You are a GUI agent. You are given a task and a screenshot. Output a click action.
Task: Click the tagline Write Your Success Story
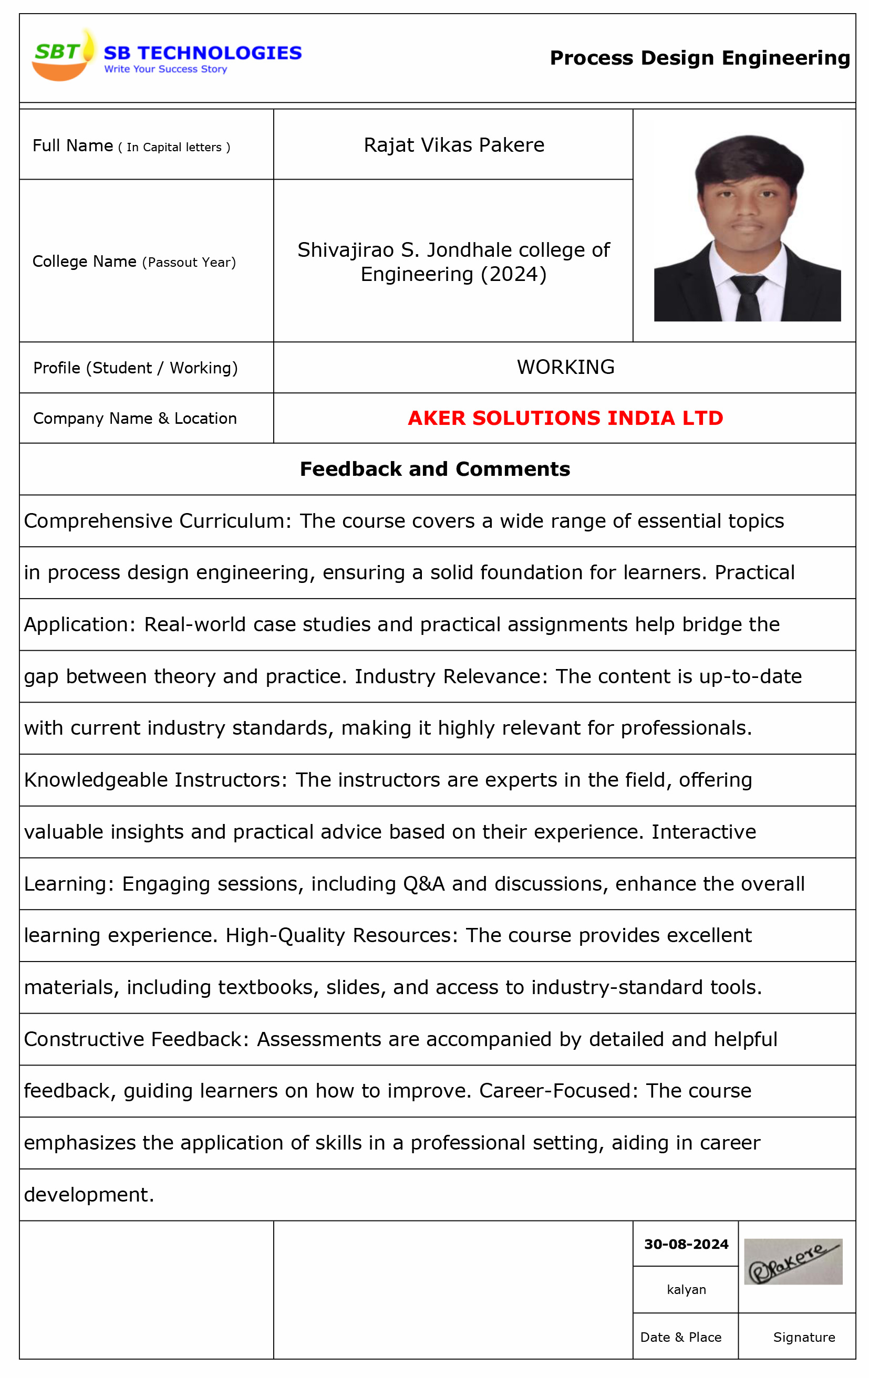pyautogui.click(x=165, y=69)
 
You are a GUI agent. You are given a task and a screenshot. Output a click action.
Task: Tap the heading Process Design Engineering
pyautogui.click(x=699, y=58)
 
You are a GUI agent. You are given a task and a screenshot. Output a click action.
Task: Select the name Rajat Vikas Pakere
pyautogui.click(x=453, y=145)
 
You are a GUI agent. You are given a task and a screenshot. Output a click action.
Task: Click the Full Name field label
pyautogui.click(x=130, y=146)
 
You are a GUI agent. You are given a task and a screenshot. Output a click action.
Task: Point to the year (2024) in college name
pyautogui.click(x=513, y=275)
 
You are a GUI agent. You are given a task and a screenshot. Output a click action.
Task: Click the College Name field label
pyautogui.click(x=133, y=262)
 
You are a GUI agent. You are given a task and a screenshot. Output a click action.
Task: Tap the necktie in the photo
pyautogui.click(x=748, y=298)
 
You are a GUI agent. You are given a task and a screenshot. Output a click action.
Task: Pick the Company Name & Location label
pyautogui.click(x=135, y=419)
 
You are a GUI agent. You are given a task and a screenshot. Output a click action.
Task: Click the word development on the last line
pyautogui.click(x=89, y=1195)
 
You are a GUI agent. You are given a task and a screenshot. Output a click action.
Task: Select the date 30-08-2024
pyautogui.click(x=685, y=1245)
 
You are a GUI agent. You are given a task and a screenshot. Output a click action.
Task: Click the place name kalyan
pyautogui.click(x=686, y=1290)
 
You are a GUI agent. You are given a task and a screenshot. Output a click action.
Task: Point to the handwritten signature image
pyautogui.click(x=792, y=1262)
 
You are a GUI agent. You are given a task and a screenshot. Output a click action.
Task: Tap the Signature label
pyautogui.click(x=803, y=1338)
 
